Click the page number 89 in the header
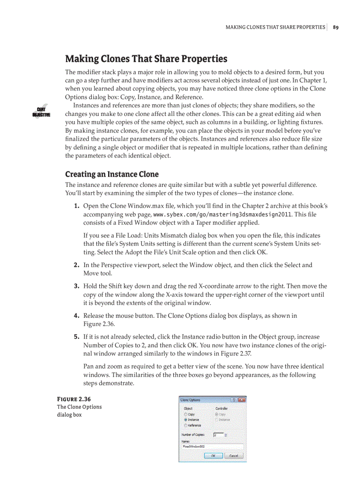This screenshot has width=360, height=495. click(336, 27)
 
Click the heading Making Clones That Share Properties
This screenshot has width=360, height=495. click(146, 59)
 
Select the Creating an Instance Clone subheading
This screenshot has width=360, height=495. click(112, 174)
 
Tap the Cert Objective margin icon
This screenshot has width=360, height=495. click(41, 112)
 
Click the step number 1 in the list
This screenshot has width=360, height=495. click(76, 206)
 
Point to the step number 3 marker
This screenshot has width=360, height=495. click(76, 286)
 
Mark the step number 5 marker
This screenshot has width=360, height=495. click(76, 336)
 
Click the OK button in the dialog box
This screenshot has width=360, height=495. click(214, 456)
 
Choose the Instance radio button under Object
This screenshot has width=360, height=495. click(186, 420)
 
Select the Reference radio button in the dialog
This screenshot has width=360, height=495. click(186, 425)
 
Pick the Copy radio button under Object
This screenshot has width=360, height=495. click(186, 414)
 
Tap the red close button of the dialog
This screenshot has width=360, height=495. click(242, 400)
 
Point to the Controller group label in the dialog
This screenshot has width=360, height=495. click(221, 409)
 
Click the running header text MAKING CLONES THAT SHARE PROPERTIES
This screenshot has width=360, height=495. click(275, 27)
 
